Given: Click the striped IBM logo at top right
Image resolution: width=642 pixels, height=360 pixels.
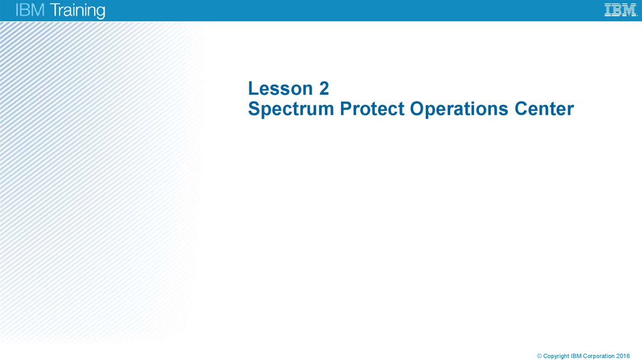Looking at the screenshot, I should tap(620, 10).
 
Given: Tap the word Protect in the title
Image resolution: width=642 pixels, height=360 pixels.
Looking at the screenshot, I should tap(372, 109).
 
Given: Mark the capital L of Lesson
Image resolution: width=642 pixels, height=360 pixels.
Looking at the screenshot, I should tap(253, 88).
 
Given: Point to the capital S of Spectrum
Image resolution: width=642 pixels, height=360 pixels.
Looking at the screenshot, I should tap(253, 109).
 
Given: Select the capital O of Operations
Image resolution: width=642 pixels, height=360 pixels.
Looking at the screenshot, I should tap(416, 109).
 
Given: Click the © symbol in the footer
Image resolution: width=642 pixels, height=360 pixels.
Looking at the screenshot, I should tap(539, 356).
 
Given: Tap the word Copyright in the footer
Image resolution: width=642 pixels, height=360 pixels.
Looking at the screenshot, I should tap(557, 356).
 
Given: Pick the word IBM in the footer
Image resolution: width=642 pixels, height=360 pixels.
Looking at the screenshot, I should tap(577, 356).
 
